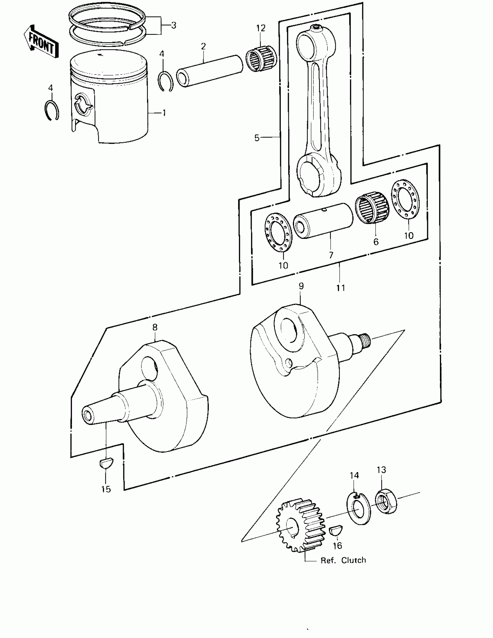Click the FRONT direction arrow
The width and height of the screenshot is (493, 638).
41,41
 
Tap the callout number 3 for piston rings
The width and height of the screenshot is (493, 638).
174,26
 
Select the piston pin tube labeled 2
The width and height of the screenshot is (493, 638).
210,71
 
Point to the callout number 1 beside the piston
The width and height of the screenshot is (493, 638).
164,113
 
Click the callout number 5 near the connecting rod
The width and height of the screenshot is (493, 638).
257,138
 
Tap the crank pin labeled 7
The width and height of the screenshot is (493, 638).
323,221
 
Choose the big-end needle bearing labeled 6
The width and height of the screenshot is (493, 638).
372,208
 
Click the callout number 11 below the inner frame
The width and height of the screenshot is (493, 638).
341,288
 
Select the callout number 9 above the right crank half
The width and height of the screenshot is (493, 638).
301,286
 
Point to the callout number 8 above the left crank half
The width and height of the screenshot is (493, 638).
155,328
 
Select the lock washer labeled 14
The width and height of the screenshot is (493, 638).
358,508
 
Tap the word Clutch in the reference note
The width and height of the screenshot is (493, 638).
353,560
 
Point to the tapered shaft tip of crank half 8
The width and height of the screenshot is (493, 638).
88,415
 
